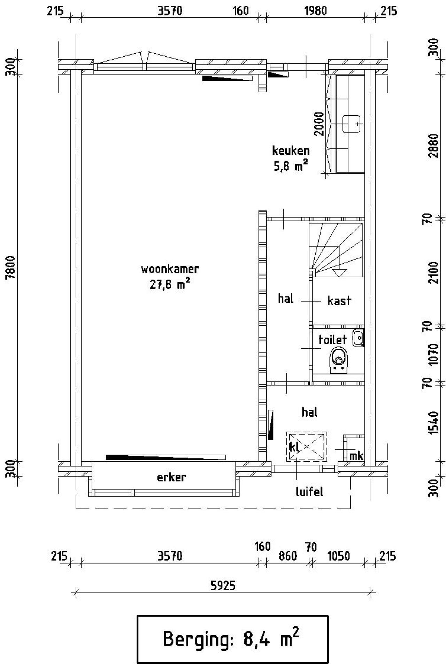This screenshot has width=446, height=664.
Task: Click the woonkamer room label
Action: (170, 269)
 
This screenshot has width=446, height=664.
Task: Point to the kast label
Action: (339, 301)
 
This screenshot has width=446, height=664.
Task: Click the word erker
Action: (171, 477)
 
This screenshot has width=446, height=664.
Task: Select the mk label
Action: (356, 456)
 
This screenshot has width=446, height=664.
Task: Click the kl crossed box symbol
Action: (307, 447)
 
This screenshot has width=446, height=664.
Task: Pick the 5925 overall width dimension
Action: (223, 586)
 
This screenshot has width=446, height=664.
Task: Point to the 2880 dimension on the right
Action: (434, 146)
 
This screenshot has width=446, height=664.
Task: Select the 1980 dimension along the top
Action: (316, 11)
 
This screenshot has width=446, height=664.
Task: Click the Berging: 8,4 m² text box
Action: (232, 639)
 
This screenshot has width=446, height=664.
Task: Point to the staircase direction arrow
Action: (339, 272)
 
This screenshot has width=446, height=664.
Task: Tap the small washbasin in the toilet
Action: (358, 338)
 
